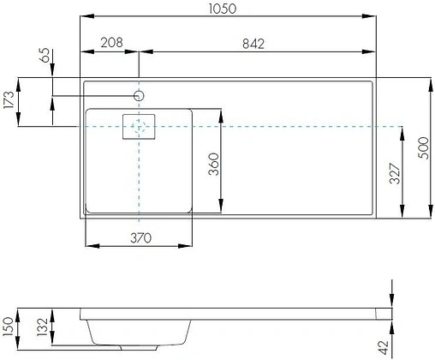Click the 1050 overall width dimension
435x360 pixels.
[223, 9]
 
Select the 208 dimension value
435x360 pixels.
[111, 43]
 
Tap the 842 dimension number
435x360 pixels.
[253, 44]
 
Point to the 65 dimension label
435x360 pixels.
[45, 55]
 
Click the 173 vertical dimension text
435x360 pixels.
[9, 99]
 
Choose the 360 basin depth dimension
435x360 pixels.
[213, 164]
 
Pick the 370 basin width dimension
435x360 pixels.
[141, 238]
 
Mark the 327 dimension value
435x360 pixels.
[395, 173]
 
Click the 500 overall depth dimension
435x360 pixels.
[423, 148]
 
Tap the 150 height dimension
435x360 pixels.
[8, 327]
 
